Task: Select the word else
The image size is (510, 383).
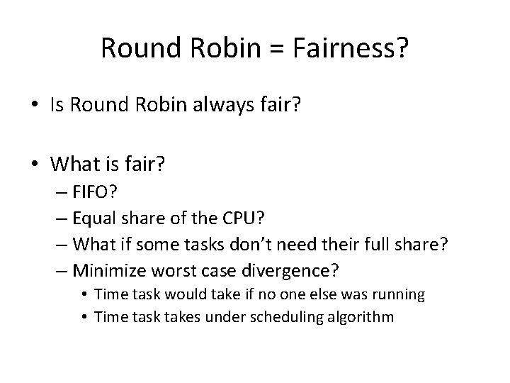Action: coord(303,294)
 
